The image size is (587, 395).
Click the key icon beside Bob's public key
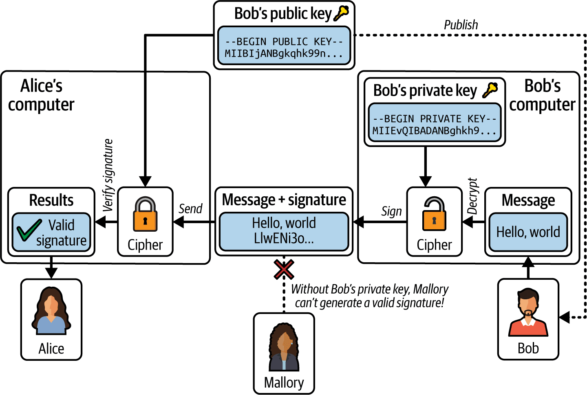pos(341,13)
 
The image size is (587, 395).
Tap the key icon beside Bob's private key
pos(490,90)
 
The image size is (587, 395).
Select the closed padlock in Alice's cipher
pos(145,214)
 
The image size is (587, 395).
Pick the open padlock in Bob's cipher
pos(434,214)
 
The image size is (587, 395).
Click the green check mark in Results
pos(29,230)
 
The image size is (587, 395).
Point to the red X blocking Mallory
pos(284,269)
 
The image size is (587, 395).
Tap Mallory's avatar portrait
pos(284,347)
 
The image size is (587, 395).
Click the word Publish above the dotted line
pos(461,25)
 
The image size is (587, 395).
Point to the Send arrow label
pos(190,208)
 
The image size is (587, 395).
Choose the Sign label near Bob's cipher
pos(391,211)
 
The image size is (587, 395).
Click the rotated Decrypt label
pos(472,196)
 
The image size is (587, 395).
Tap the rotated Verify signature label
pos(108,175)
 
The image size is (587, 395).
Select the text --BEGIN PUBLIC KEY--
pos(284,42)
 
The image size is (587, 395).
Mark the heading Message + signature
pos(284,200)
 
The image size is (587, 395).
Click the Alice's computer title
pos(41,95)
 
